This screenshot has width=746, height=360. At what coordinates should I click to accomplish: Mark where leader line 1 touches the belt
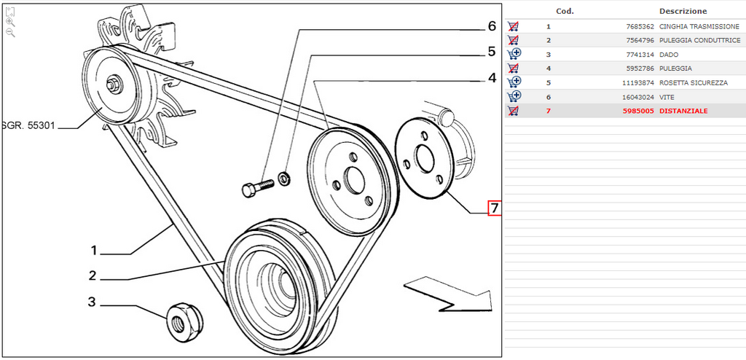tap(172, 224)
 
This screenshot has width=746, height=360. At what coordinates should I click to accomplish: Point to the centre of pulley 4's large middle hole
tap(355, 181)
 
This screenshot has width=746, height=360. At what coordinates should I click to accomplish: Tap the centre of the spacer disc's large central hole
tap(424, 159)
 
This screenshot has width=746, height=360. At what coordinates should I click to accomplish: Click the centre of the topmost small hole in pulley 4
tap(353, 157)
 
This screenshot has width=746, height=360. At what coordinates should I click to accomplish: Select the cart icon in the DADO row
tap(514, 54)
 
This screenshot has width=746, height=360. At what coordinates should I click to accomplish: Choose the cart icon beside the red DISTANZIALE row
tap(514, 111)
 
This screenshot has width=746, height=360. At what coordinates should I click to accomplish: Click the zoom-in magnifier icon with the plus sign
tap(10, 23)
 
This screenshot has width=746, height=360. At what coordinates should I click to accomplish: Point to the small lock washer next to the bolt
tap(285, 179)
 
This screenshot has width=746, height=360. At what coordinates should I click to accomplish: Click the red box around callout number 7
tap(495, 208)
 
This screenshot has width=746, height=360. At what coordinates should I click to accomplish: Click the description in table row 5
tap(694, 83)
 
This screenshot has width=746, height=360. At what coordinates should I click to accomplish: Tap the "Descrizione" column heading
tap(683, 11)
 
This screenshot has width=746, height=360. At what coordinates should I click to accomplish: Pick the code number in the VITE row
tap(640, 97)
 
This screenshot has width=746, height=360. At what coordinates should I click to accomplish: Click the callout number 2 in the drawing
tap(93, 275)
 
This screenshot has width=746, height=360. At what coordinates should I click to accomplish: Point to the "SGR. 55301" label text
tap(28, 127)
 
